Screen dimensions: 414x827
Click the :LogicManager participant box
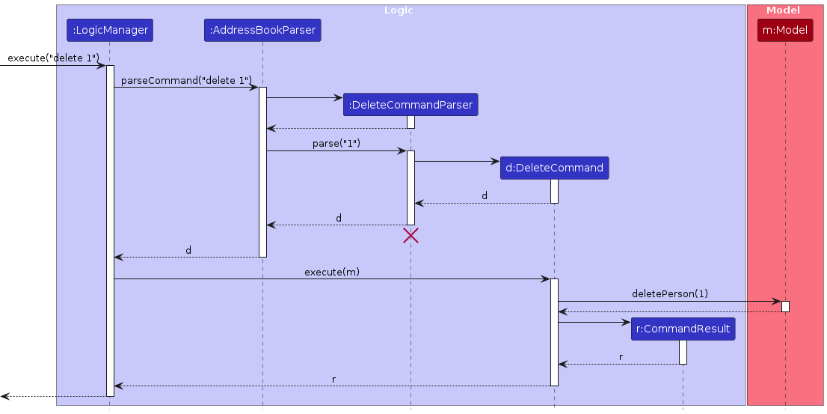pyautogui.click(x=109, y=31)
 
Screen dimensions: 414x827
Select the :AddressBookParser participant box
pyautogui.click(x=262, y=31)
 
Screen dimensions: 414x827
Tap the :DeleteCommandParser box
pyautogui.click(x=411, y=105)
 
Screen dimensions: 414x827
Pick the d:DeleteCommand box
pyautogui.click(x=554, y=168)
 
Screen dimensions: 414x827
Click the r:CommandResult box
pyautogui.click(x=683, y=329)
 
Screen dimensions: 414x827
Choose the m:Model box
pyautogui.click(x=784, y=31)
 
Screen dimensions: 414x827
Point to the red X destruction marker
pyautogui.click(x=411, y=236)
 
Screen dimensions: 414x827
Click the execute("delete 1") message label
pyautogui.click(x=53, y=58)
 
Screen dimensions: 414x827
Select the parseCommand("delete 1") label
pyautogui.click(x=186, y=80)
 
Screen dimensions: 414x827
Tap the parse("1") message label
pyautogui.click(x=336, y=144)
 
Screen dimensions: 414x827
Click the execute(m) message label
pyautogui.click(x=331, y=272)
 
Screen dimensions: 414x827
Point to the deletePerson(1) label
pyautogui.click(x=669, y=293)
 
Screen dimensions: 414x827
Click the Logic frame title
pyautogui.click(x=398, y=10)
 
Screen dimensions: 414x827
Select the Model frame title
pyautogui.click(x=784, y=10)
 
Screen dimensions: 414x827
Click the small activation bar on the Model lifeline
pyautogui.click(x=785, y=306)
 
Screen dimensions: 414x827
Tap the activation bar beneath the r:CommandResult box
pyautogui.click(x=683, y=352)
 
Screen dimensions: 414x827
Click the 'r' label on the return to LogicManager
pyautogui.click(x=333, y=379)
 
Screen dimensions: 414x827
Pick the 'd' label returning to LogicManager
pyautogui.click(x=188, y=250)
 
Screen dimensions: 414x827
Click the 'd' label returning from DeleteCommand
pyautogui.click(x=484, y=196)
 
